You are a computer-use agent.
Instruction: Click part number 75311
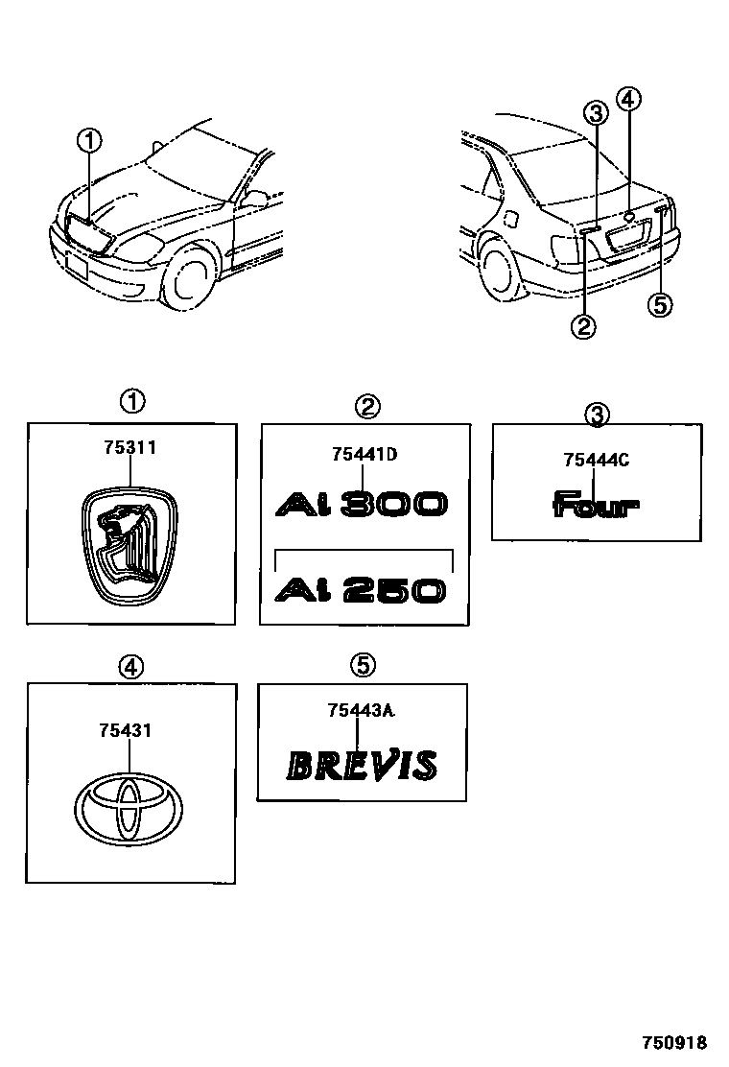[x=129, y=447]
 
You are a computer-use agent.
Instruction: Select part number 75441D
[x=363, y=455]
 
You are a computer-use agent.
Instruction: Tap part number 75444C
[x=596, y=460]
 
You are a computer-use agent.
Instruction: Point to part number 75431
[x=126, y=731]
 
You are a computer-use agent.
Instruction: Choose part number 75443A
[x=362, y=710]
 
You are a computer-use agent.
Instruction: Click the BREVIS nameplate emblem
[x=363, y=765]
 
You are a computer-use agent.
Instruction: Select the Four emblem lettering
[x=596, y=505]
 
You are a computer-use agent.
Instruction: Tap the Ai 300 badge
[x=361, y=504]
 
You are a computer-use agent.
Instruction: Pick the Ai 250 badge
[x=361, y=589]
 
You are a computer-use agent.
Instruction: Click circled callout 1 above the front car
[x=89, y=142]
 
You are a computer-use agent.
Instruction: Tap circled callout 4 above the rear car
[x=628, y=99]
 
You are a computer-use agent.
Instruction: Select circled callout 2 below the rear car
[x=583, y=327]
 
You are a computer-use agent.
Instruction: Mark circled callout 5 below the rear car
[x=660, y=304]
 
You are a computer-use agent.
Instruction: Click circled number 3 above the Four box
[x=597, y=415]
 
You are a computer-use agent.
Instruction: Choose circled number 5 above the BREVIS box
[x=362, y=664]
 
